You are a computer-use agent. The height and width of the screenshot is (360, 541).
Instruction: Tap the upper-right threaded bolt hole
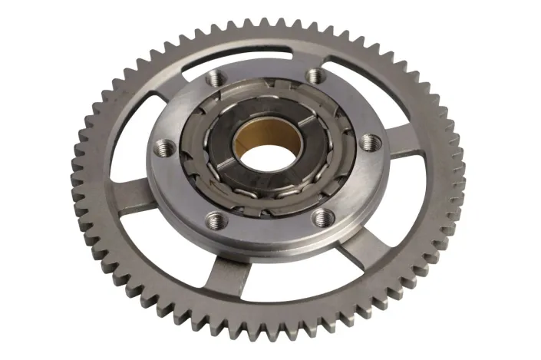pyautogui.click(x=315, y=75)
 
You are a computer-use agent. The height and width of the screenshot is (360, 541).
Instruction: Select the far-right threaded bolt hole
pyautogui.click(x=370, y=141)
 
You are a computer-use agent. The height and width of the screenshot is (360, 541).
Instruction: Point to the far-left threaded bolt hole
pyautogui.click(x=163, y=145)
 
